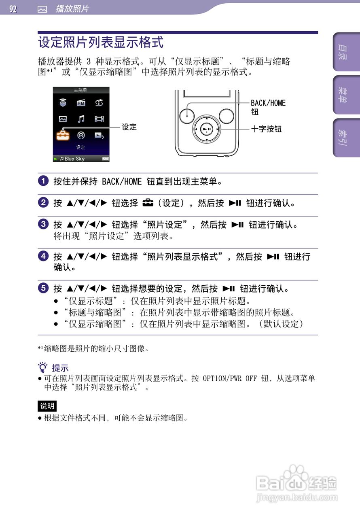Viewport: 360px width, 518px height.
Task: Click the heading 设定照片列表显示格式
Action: click(101, 42)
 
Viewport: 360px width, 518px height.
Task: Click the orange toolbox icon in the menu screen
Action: click(63, 135)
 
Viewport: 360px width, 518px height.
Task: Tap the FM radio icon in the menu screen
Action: click(81, 103)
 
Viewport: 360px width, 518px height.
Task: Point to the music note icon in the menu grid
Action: click(81, 119)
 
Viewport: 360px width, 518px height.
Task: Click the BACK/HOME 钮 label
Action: click(268, 107)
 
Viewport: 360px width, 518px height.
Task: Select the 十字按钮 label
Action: click(266, 129)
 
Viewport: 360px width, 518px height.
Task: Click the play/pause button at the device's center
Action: click(206, 129)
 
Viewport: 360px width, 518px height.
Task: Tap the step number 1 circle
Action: click(43, 181)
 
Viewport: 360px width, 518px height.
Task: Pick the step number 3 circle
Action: click(43, 224)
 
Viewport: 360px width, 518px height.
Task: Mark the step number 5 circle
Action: click(43, 289)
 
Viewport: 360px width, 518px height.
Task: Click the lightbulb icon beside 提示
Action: click(42, 368)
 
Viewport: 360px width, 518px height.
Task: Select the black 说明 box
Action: click(47, 406)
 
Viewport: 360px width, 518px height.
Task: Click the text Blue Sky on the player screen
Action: click(74, 159)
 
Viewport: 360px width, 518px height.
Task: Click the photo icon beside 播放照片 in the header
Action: click(42, 9)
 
